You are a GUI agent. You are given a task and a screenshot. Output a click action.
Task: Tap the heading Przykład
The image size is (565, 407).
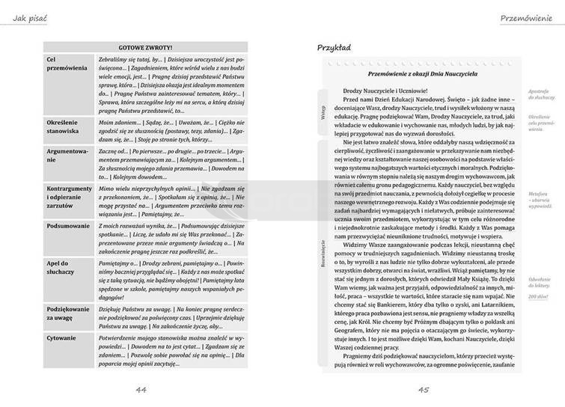(335, 48)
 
